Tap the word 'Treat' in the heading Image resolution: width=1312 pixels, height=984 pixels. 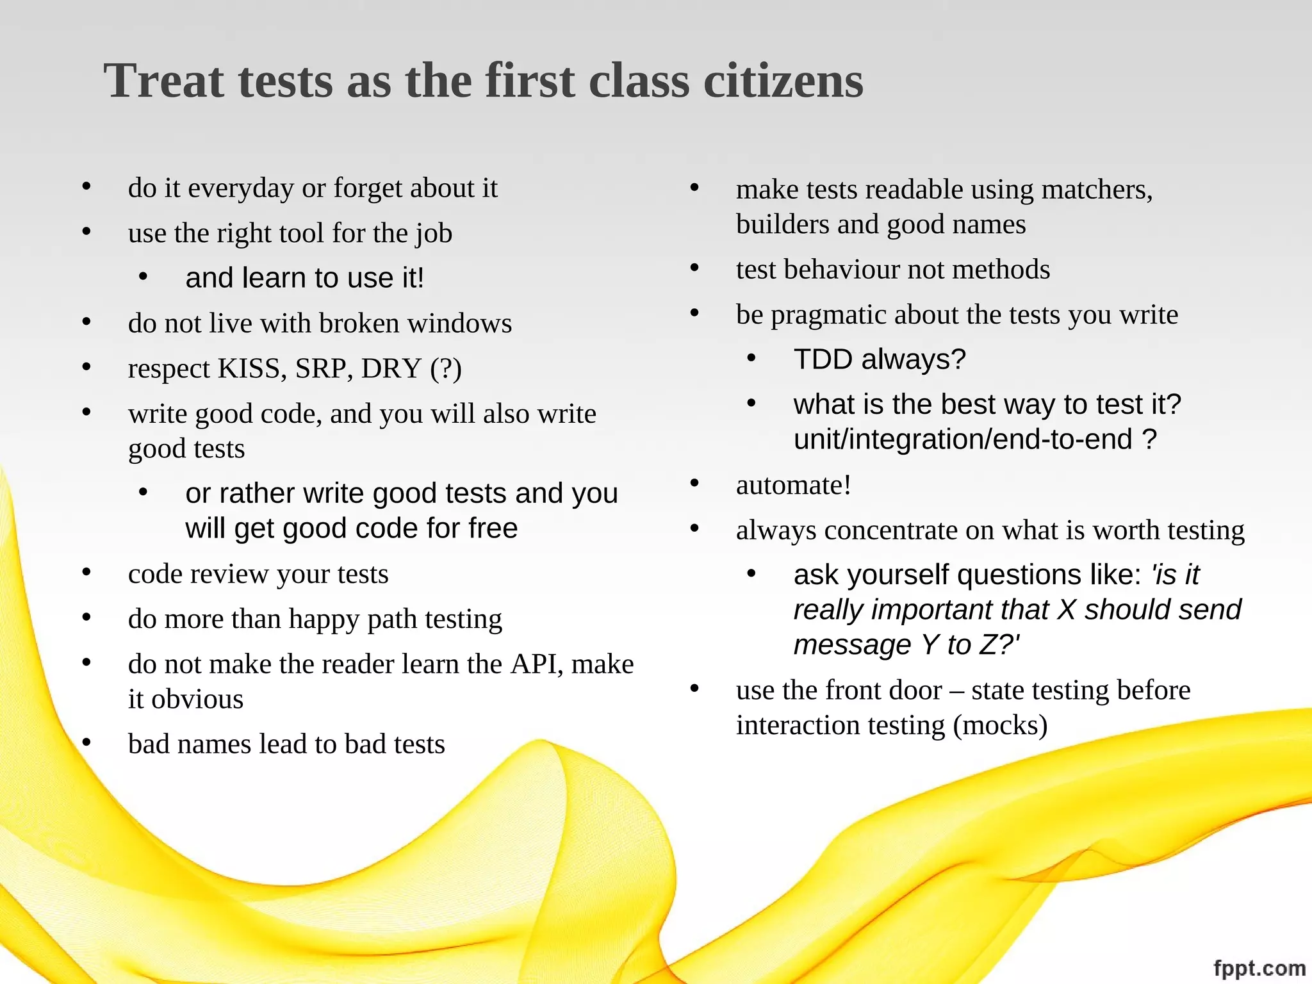tap(163, 81)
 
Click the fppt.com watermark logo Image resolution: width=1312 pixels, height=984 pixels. tap(1259, 968)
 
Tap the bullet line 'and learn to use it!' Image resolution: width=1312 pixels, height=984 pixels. tap(304, 278)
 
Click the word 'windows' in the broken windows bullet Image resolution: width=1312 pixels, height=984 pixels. tap(459, 324)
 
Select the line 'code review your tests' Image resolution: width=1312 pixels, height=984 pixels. tap(258, 574)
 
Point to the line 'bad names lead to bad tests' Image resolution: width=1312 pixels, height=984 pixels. tap(286, 744)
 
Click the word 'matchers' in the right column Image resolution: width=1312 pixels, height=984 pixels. tap(1096, 190)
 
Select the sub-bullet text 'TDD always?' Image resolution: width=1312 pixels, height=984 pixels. tap(879, 359)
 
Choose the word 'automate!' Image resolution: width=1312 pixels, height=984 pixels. tap(794, 486)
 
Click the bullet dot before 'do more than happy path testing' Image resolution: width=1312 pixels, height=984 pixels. tap(86, 618)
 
